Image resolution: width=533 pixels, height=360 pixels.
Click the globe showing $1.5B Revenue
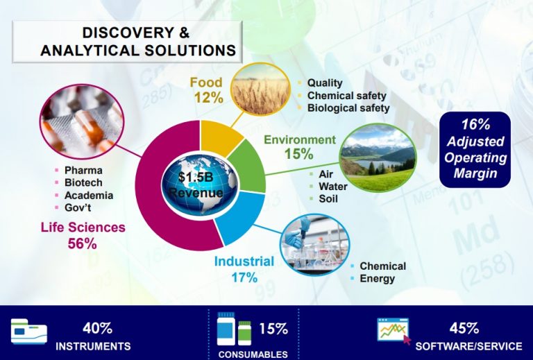click(x=200, y=185)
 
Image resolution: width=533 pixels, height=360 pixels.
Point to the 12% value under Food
click(x=209, y=98)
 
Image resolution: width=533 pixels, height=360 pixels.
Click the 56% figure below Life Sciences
click(x=83, y=243)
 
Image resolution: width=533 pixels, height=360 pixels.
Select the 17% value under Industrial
click(x=244, y=277)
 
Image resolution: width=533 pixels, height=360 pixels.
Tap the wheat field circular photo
click(x=261, y=89)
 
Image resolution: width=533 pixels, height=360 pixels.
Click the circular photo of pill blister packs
click(x=82, y=121)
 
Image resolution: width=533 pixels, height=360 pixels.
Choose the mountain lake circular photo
click(x=378, y=157)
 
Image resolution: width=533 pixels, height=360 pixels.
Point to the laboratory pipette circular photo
click(x=314, y=244)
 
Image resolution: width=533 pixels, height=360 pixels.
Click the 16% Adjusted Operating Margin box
click(x=475, y=149)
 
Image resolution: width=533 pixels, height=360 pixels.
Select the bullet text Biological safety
click(x=348, y=108)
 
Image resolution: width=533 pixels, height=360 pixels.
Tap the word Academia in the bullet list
click(x=89, y=196)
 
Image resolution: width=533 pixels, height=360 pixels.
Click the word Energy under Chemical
click(x=378, y=279)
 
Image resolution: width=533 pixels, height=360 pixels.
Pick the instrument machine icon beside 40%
click(x=29, y=331)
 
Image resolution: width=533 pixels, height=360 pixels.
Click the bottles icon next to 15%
click(x=234, y=329)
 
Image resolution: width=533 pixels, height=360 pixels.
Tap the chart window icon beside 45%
click(x=394, y=331)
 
